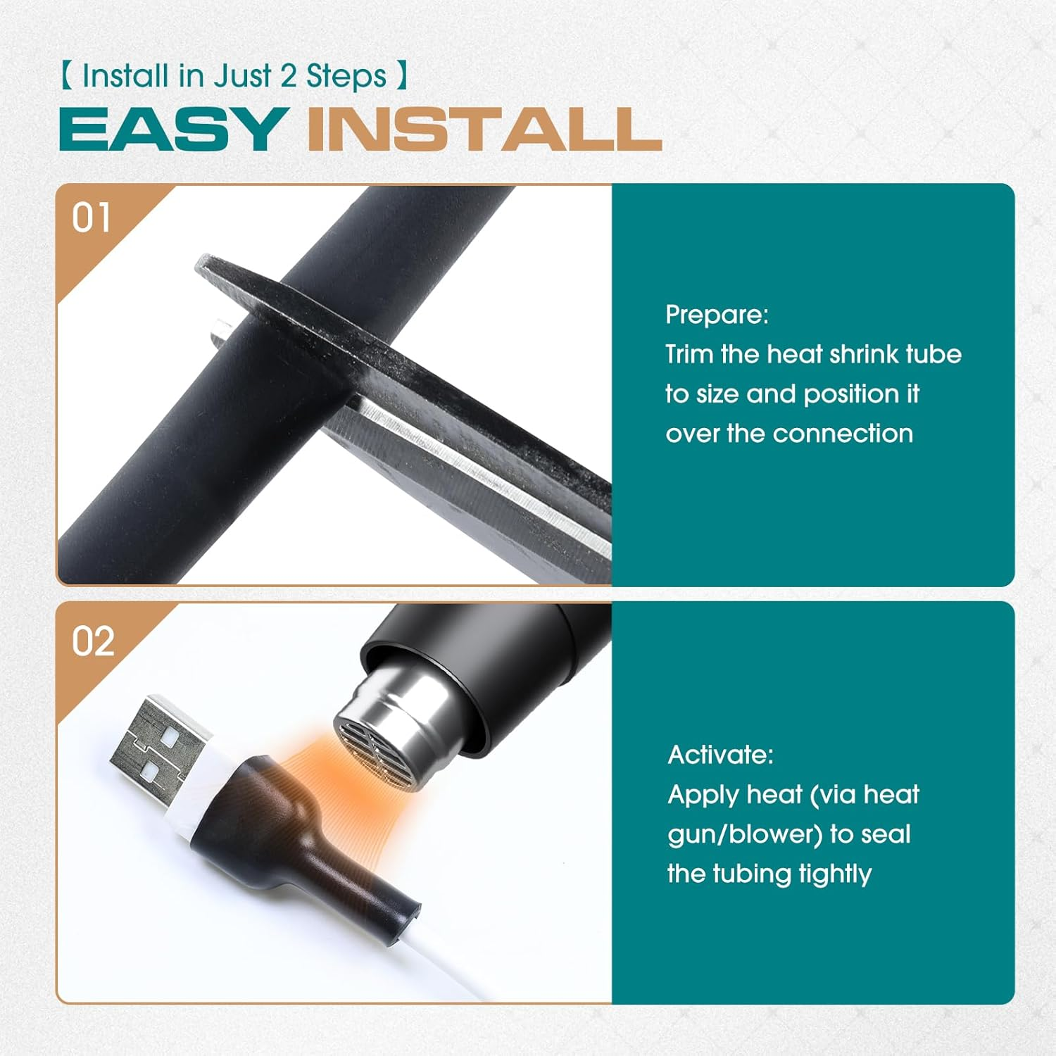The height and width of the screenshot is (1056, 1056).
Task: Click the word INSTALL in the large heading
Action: [484, 129]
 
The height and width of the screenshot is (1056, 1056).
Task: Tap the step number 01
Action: [92, 218]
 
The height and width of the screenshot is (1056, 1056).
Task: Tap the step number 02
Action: [93, 641]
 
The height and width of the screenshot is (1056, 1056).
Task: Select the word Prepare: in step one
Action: [717, 315]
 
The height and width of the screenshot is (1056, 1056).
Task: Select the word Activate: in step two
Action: [720, 755]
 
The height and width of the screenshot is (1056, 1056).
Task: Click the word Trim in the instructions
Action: [689, 353]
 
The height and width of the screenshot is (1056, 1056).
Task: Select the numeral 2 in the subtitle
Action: [289, 76]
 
